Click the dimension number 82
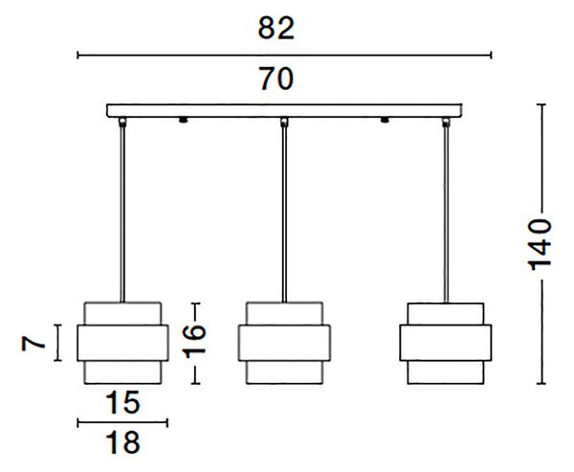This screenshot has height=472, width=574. [x=276, y=28]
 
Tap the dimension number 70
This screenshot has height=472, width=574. [x=276, y=79]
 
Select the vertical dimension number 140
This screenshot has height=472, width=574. [x=541, y=245]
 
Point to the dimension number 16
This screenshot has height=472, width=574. [x=194, y=342]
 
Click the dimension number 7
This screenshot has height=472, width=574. [x=33, y=344]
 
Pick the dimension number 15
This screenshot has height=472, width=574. [x=122, y=402]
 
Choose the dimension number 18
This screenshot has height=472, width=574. [x=122, y=442]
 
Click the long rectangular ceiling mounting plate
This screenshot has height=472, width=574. [x=284, y=111]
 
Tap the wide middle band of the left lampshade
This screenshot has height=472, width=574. [x=122, y=343]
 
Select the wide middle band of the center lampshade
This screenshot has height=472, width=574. [x=284, y=343]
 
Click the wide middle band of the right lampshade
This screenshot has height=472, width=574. [x=446, y=343]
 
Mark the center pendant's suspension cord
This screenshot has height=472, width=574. [x=284, y=214]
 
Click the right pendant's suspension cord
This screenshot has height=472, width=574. [x=446, y=214]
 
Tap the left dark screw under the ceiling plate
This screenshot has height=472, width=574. [x=183, y=121]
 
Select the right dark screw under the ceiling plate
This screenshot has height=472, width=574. [x=385, y=121]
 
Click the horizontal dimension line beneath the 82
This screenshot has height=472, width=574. [x=284, y=56]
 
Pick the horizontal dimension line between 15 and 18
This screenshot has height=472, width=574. [x=122, y=423]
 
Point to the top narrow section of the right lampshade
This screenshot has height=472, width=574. [x=446, y=314]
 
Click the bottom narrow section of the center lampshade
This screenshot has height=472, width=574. [x=284, y=372]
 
